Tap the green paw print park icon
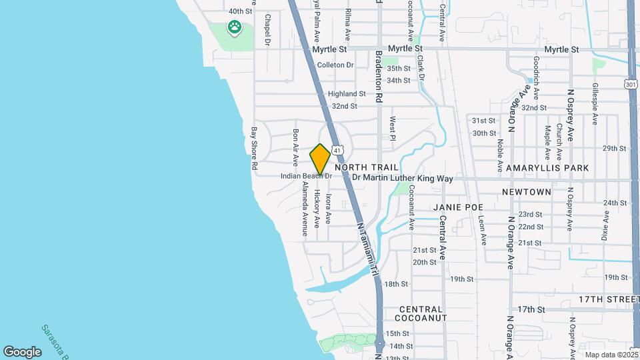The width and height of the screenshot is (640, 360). (234, 27)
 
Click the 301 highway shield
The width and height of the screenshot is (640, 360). (631, 84)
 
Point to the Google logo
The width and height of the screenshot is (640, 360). (22, 351)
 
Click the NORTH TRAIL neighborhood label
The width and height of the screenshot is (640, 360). (367, 167)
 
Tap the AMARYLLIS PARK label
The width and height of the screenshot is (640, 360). (547, 168)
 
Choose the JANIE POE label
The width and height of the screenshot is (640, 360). (457, 207)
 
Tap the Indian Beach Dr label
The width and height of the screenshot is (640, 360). (306, 176)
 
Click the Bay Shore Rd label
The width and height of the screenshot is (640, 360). (254, 150)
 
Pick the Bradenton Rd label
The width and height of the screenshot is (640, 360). (378, 77)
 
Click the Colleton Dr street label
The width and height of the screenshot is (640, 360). (335, 65)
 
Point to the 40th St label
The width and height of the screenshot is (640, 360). (241, 11)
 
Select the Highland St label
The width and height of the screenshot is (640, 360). (347, 94)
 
